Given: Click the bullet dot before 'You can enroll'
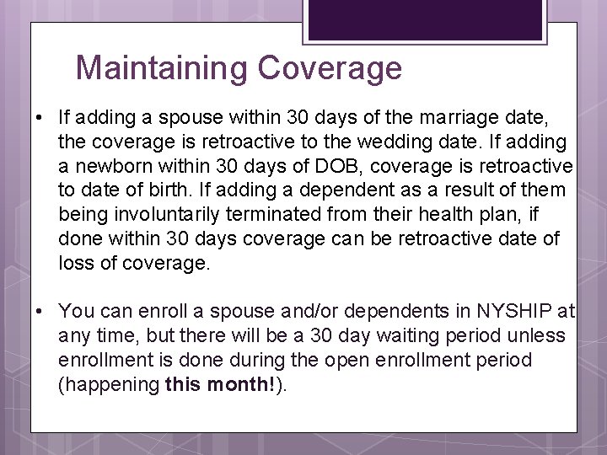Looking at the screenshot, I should pyautogui.click(x=40, y=312).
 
